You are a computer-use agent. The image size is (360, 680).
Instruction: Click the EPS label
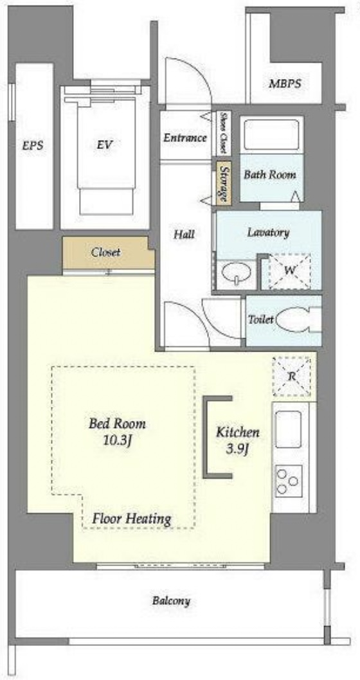pos(33,146)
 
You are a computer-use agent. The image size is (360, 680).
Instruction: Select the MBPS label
pos(285,84)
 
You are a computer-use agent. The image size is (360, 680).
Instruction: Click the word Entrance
pos(184,138)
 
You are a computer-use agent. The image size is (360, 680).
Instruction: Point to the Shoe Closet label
pos(223,133)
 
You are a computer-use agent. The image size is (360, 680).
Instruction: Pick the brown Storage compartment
pos(223,183)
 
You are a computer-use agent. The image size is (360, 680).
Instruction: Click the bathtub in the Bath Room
pos(271,134)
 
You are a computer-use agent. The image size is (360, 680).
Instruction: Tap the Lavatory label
pos(268,232)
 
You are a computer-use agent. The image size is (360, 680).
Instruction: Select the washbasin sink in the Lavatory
pos(237,274)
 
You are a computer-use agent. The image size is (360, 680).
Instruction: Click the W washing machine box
pos(290,271)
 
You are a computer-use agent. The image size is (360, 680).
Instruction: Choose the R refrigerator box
pos(292,377)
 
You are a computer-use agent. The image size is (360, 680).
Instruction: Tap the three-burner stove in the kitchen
pos(289,481)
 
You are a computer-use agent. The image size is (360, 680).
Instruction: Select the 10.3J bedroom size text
pos(118,442)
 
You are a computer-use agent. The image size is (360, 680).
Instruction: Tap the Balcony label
pos(172,601)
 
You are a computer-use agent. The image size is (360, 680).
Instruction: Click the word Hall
pos(184,235)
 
